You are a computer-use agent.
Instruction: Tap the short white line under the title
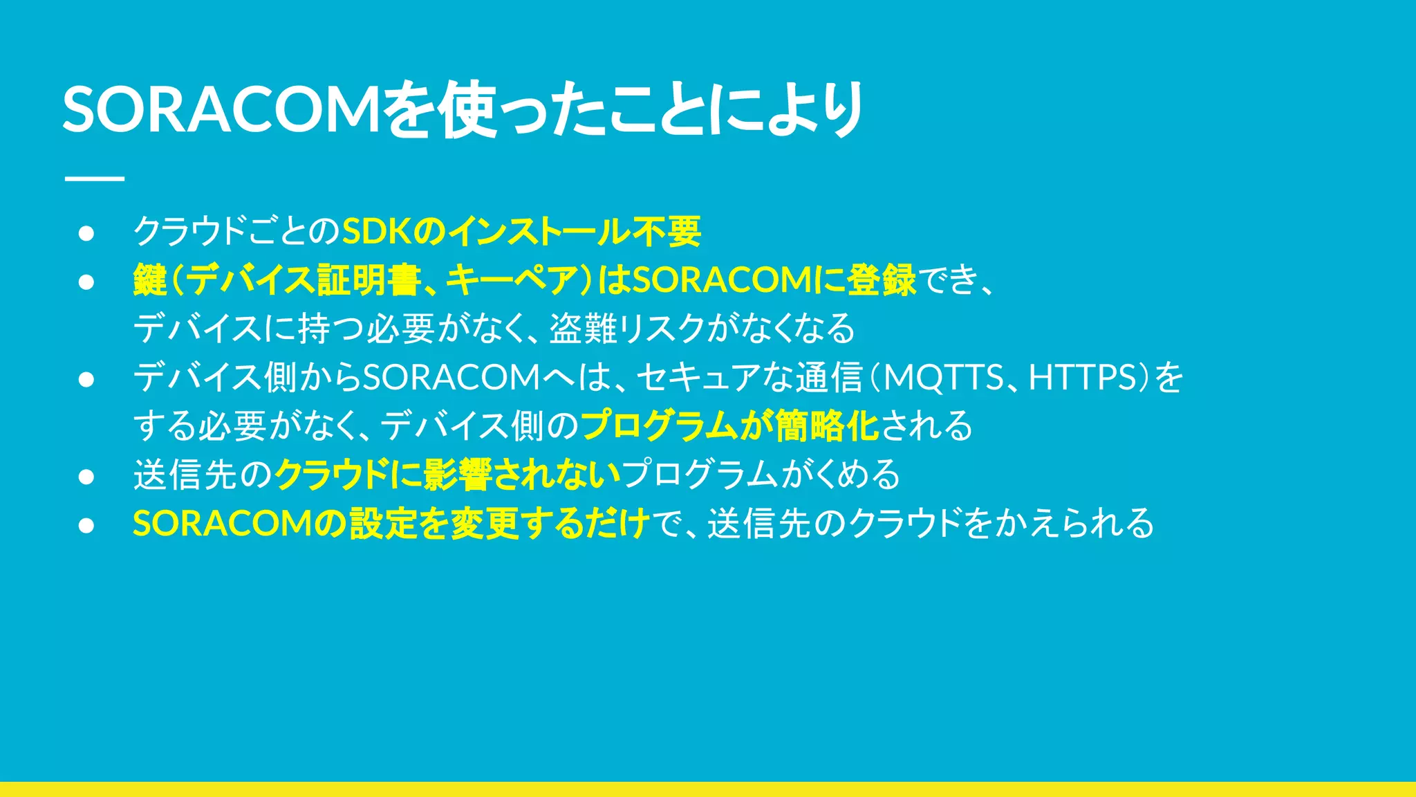point(94,178)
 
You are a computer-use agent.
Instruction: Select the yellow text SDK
point(378,232)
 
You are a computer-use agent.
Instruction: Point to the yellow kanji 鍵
point(150,280)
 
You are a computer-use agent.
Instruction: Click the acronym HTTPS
point(1083,378)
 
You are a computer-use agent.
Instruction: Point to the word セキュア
point(698,378)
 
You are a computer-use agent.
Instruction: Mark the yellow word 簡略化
point(827,426)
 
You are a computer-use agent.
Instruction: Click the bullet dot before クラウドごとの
point(86,233)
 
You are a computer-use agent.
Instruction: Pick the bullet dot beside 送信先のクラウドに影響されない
point(86,477)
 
